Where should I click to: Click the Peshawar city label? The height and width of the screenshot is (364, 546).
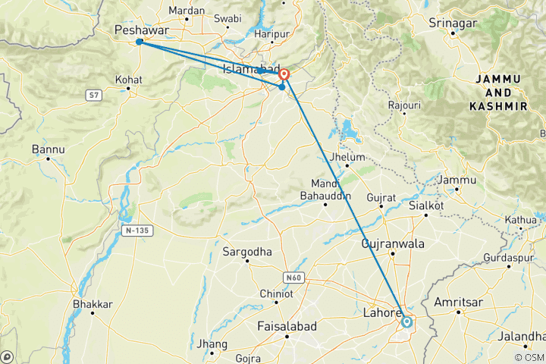(140, 30)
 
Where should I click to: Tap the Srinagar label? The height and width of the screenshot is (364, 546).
(453, 24)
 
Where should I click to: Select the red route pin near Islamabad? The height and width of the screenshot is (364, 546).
(284, 74)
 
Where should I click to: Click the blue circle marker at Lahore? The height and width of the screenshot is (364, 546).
(407, 322)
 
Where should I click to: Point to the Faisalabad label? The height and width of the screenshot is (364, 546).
(287, 326)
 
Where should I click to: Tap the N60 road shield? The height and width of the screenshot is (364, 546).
(296, 278)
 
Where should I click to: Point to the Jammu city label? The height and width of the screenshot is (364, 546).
(459, 180)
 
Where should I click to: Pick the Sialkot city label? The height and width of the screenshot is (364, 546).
(425, 206)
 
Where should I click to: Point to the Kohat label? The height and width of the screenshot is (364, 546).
(128, 79)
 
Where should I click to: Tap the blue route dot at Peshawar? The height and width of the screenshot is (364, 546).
(140, 42)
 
